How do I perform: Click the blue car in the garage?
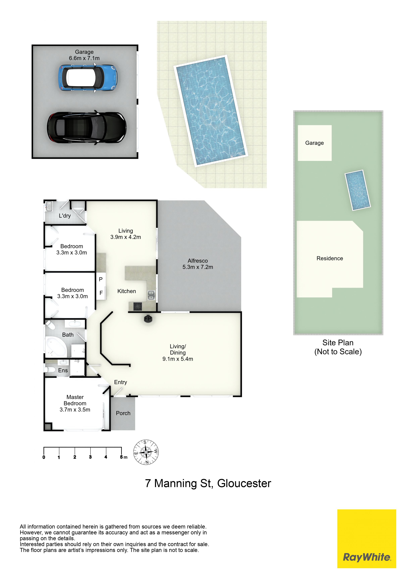[88, 78]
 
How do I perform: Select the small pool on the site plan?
[358, 190]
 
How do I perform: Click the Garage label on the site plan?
[315, 143]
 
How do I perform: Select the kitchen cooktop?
[138, 306]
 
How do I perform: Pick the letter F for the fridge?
[101, 293]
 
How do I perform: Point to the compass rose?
[146, 452]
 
